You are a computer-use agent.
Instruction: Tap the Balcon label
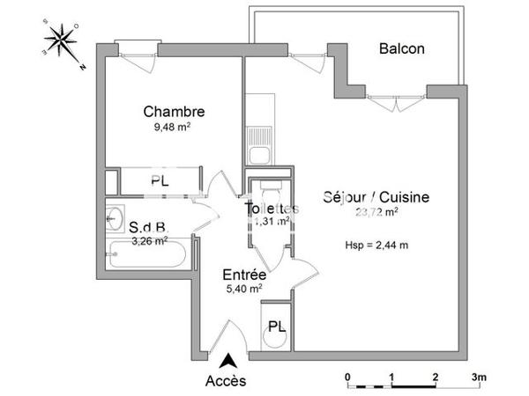pyautogui.click(x=402, y=48)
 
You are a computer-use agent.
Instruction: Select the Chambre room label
pyautogui.click(x=175, y=112)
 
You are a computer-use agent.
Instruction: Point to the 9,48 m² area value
pyautogui.click(x=173, y=127)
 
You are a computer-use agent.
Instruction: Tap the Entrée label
pyautogui.click(x=244, y=274)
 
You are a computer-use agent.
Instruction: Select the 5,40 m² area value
pyautogui.click(x=244, y=288)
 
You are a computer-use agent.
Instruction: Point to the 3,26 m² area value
pyautogui.click(x=148, y=239)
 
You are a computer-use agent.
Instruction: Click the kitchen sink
pyautogui.click(x=259, y=156)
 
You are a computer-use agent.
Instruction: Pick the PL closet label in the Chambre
pyautogui.click(x=160, y=182)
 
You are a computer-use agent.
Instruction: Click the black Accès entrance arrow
pyautogui.click(x=227, y=360)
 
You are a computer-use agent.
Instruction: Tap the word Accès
pyautogui.click(x=226, y=381)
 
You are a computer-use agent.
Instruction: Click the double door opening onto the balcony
pyautogui.click(x=389, y=99)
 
